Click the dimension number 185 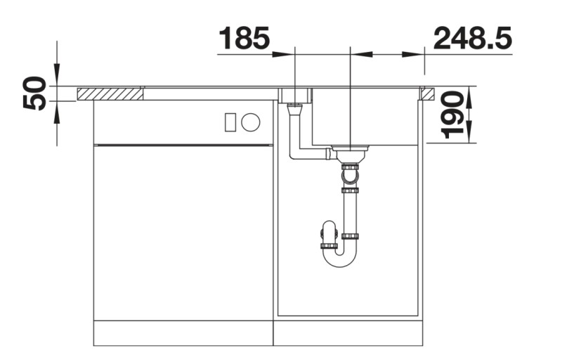click(x=244, y=39)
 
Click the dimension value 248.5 click(x=472, y=39)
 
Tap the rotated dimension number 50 click(x=34, y=93)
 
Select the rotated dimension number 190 click(x=452, y=115)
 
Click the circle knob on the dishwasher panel click(x=251, y=122)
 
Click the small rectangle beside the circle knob click(x=230, y=122)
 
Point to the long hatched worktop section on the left click(x=110, y=94)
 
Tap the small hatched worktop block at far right click(x=428, y=94)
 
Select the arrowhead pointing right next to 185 click(x=283, y=55)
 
